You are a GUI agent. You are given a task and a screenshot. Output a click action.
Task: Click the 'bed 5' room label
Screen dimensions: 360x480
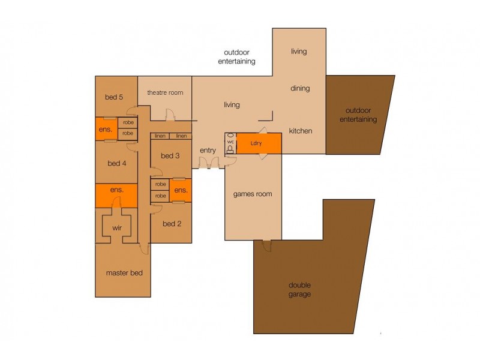tap(113, 97)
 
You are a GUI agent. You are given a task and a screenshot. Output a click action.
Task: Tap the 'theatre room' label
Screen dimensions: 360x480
tap(165, 92)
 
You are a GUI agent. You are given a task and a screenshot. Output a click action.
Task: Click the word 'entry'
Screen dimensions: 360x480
tap(208, 150)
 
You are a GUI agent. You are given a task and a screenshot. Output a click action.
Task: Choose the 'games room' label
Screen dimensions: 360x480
tap(253, 194)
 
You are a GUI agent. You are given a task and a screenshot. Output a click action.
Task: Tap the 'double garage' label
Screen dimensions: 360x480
tap(299, 290)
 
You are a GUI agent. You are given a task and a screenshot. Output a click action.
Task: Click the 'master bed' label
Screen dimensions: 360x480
tap(124, 273)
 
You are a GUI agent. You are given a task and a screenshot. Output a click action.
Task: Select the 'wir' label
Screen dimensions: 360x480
tap(117, 228)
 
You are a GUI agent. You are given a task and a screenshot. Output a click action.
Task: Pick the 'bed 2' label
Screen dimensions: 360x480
tap(171, 224)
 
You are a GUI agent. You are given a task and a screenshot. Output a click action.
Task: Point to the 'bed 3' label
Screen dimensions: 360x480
tap(170, 156)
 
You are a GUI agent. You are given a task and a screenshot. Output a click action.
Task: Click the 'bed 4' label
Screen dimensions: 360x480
tap(117, 163)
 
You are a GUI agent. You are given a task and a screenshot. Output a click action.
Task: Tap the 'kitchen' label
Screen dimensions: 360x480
tap(300, 131)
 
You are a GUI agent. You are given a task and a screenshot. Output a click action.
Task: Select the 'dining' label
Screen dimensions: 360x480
tap(300, 89)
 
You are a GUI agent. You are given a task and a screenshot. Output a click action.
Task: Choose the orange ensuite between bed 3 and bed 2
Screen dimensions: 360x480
tap(180, 190)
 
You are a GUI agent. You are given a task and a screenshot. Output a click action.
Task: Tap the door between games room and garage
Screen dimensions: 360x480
tap(266, 244)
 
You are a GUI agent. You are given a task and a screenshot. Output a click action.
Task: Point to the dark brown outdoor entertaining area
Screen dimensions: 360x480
tap(358, 115)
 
